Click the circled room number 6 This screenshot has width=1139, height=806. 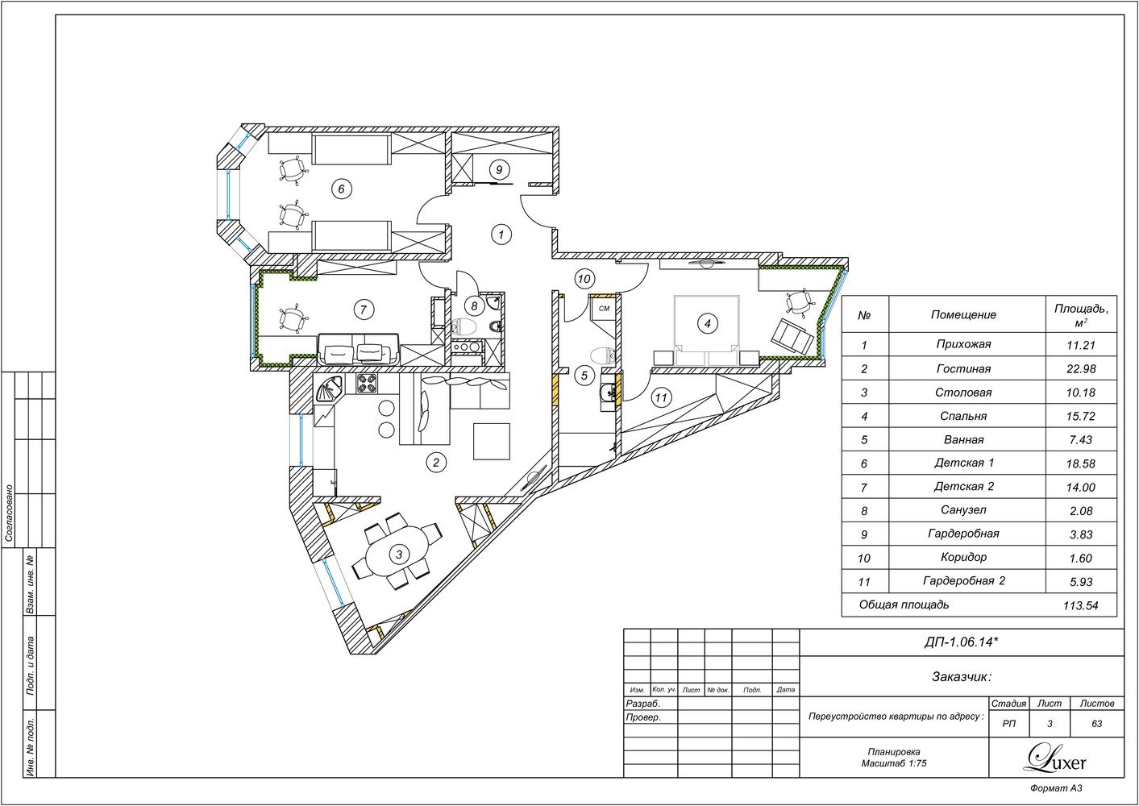pyautogui.click(x=341, y=189)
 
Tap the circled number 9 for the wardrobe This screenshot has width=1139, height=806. pyautogui.click(x=499, y=170)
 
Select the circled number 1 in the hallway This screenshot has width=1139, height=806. pyautogui.click(x=501, y=235)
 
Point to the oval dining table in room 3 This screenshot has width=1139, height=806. pyautogui.click(x=399, y=555)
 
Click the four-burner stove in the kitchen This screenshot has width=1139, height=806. pyautogui.click(x=367, y=384)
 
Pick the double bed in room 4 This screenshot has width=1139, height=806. pyautogui.click(x=707, y=330)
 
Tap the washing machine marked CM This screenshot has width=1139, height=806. pyautogui.click(x=604, y=309)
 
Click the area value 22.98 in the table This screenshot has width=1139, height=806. pyautogui.click(x=1081, y=368)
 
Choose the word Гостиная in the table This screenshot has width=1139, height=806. pyautogui.click(x=963, y=368)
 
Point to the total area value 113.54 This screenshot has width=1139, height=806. pyautogui.click(x=1080, y=605)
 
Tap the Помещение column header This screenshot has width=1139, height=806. pyautogui.click(x=963, y=315)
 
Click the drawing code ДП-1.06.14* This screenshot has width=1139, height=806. pyautogui.click(x=962, y=642)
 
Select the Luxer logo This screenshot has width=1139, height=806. pyautogui.click(x=1056, y=760)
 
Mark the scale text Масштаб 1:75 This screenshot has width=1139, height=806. pyautogui.click(x=894, y=763)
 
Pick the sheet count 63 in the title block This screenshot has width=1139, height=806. pyautogui.click(x=1097, y=724)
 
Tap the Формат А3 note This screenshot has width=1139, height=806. pyautogui.click(x=1056, y=788)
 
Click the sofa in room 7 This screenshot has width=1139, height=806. pyautogui.click(x=359, y=349)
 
